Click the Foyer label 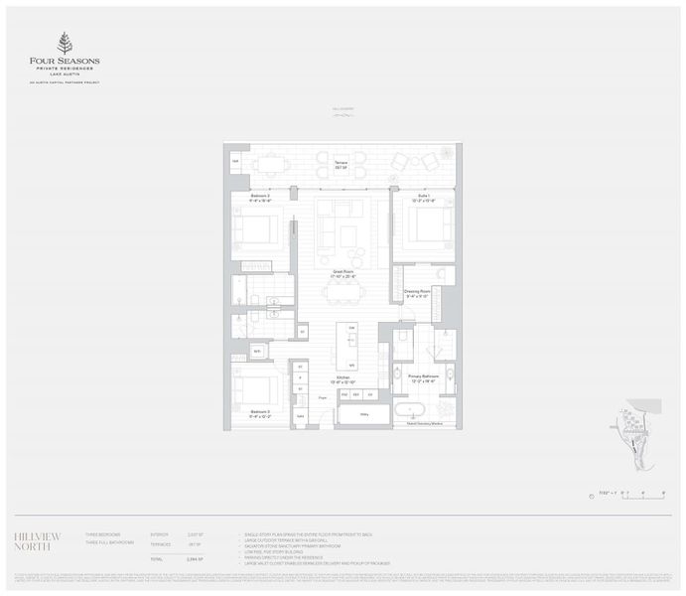click(323, 397)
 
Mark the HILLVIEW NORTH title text click(38, 539)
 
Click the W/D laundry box click(255, 351)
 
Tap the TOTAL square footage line click(179, 561)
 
